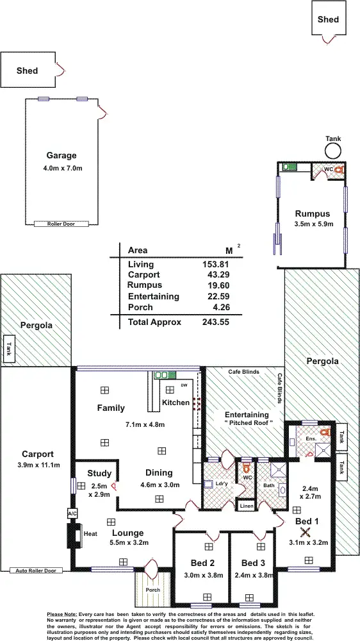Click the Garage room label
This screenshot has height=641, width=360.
coord(61,155)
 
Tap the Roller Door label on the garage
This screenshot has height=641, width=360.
coord(61,224)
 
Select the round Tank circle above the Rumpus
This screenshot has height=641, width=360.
coord(332,151)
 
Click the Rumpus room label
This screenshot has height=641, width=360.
coord(312,214)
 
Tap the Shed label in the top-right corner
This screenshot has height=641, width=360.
coord(328,20)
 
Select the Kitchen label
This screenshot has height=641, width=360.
coord(176,403)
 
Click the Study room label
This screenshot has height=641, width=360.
coord(99,474)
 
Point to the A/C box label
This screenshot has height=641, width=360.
coord(72,513)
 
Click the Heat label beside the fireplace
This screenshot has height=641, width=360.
coord(90,533)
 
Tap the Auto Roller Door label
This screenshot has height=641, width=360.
coord(37,570)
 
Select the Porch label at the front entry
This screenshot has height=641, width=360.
coord(152,590)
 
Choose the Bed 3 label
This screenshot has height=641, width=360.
coord(254,563)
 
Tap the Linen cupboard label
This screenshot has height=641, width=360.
coord(247,506)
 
